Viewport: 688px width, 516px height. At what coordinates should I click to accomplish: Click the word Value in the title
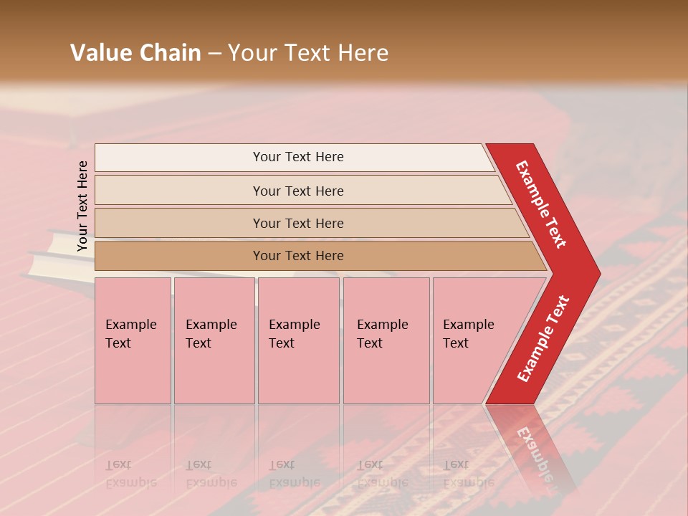point(100,53)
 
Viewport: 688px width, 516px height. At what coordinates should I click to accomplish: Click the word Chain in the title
point(169,53)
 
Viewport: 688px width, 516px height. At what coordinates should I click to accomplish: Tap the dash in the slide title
point(214,54)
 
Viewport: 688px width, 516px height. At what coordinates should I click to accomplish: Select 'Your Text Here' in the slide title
point(307,53)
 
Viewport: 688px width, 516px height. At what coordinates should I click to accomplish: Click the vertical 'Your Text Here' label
point(82,206)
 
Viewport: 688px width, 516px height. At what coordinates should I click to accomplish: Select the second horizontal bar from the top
point(297,191)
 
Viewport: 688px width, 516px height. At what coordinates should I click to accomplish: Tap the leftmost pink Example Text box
point(133,340)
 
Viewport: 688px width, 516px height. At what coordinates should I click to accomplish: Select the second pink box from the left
point(214,340)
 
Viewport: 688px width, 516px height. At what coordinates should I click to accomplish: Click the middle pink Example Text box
point(298,340)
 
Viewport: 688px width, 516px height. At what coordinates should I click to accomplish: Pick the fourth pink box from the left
point(386,340)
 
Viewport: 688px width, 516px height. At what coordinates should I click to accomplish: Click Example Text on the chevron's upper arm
point(541,204)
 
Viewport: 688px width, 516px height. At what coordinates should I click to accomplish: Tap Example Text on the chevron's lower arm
point(543,338)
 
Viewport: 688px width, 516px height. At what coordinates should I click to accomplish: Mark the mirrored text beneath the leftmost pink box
point(131,474)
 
